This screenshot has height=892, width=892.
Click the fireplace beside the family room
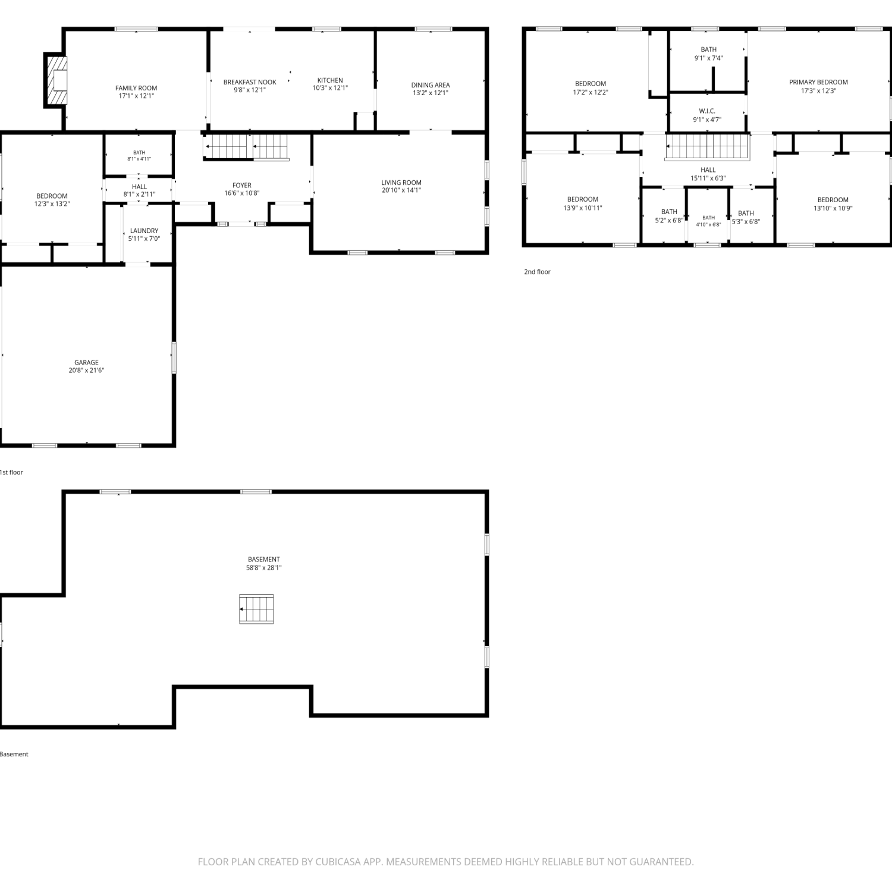tap(57, 80)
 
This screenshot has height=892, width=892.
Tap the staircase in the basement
tap(256, 609)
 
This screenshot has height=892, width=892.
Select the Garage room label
tap(86, 362)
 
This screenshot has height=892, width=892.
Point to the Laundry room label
tap(144, 231)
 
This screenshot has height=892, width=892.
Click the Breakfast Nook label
tap(250, 82)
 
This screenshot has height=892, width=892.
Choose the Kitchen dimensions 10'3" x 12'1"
tap(330, 88)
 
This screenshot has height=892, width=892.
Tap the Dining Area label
tap(431, 85)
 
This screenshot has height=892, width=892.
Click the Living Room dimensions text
tap(401, 190)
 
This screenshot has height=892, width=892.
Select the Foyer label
tap(242, 186)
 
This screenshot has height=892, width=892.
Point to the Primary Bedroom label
tap(818, 82)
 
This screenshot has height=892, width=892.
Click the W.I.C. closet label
tap(707, 111)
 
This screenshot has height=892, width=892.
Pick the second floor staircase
tap(708, 147)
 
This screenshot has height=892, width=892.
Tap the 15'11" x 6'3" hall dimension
tap(708, 178)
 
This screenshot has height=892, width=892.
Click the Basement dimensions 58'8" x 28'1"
tap(263, 567)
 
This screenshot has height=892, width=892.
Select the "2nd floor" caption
tap(537, 272)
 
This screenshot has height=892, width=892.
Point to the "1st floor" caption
tap(11, 472)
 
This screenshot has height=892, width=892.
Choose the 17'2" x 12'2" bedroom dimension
tap(591, 92)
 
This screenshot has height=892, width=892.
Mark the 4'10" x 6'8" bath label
tap(708, 225)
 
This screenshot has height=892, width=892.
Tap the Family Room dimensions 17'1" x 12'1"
tap(136, 96)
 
